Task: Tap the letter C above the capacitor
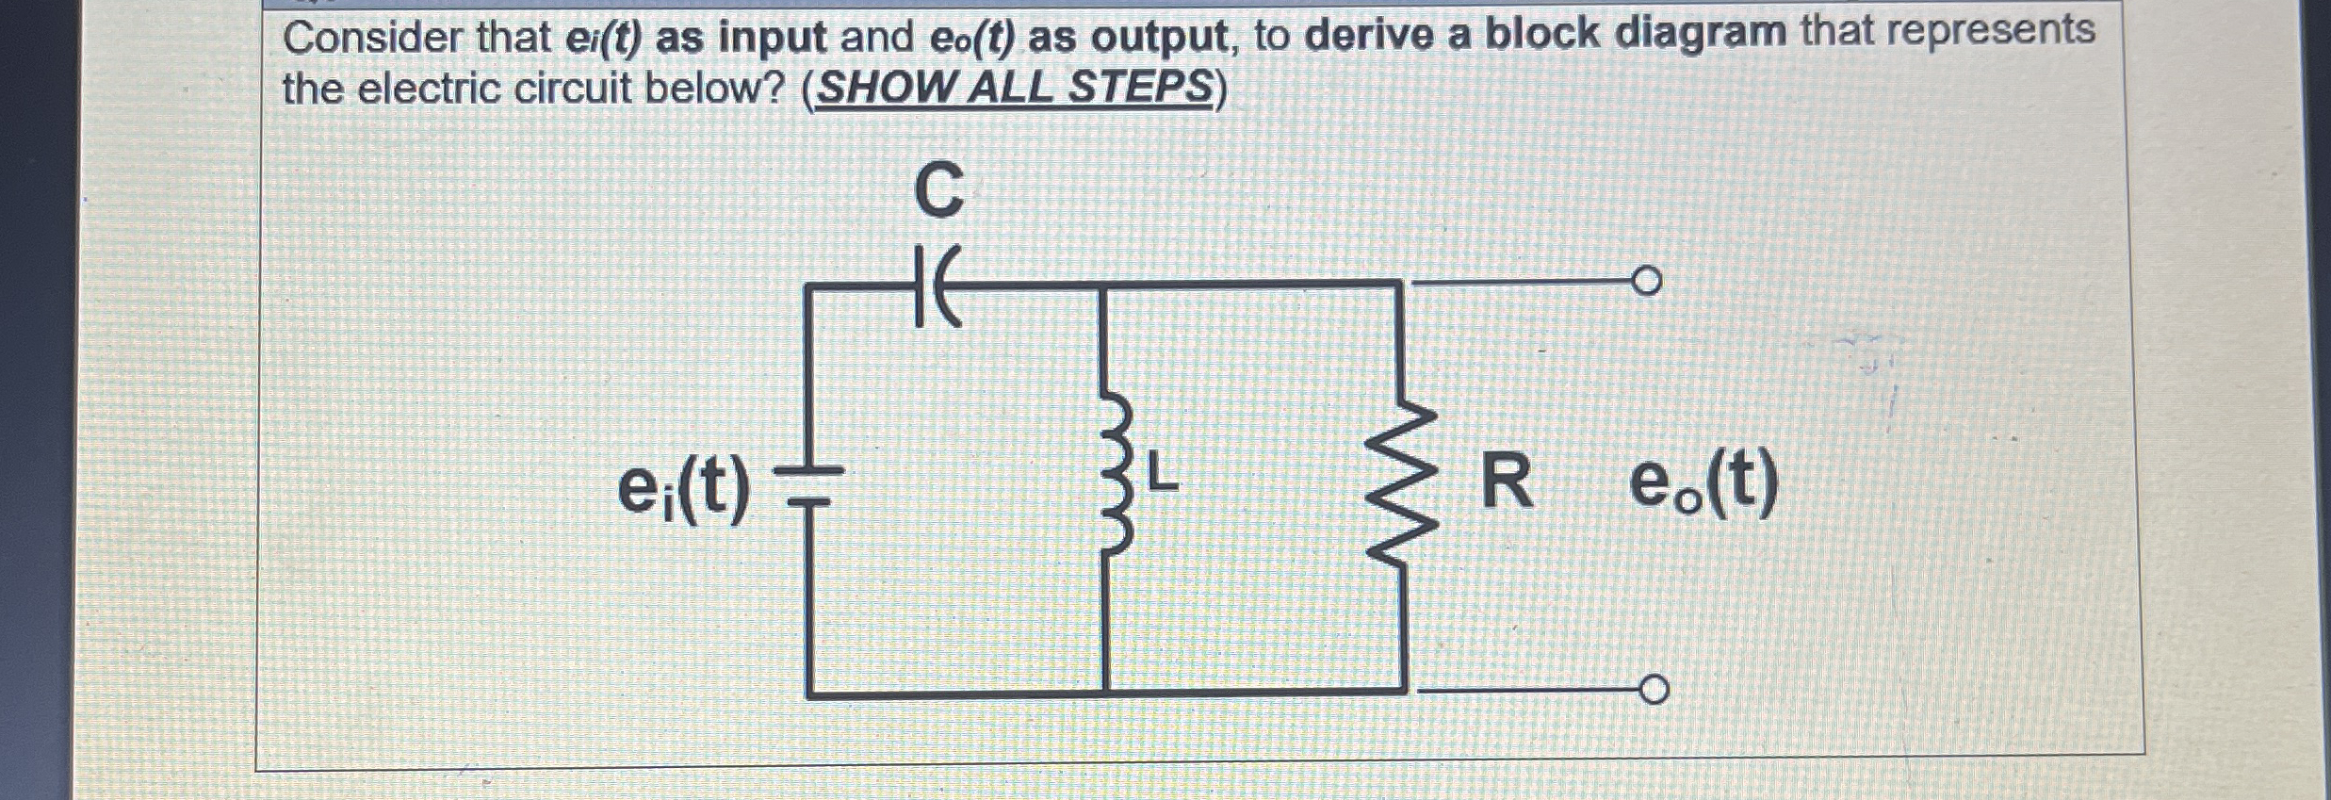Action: (938, 190)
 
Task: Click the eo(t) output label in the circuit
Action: (1703, 485)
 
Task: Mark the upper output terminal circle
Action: (1646, 282)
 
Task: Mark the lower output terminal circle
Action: (1653, 691)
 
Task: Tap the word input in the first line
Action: (772, 38)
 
